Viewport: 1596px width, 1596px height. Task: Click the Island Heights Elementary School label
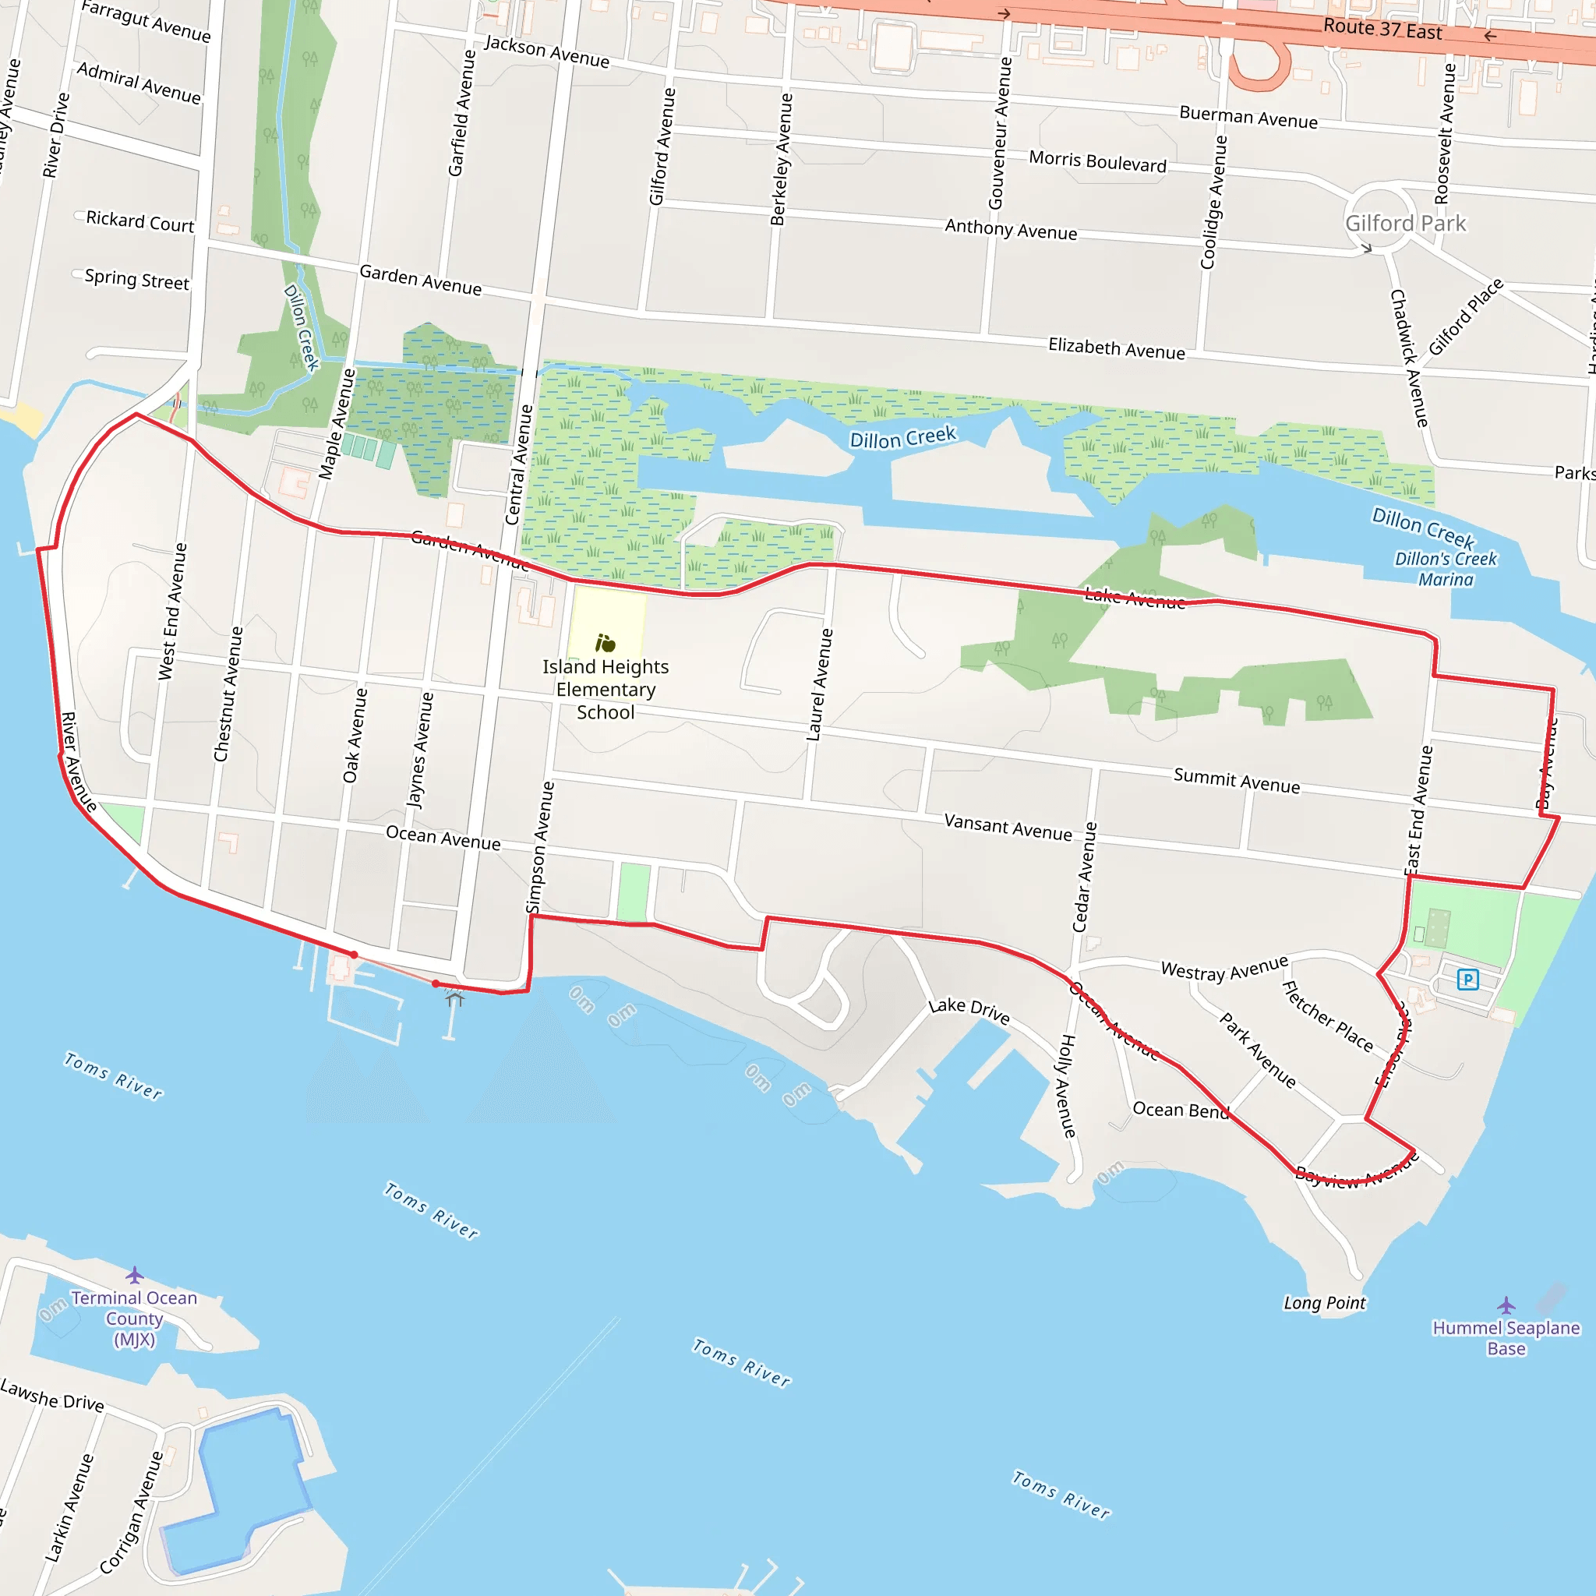(x=606, y=690)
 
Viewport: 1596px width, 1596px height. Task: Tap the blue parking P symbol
(x=1467, y=980)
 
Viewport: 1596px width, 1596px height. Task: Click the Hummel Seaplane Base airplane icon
(x=1506, y=1306)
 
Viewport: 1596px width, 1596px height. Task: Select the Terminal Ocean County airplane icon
(x=135, y=1275)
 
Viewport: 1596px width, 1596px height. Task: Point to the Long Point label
(x=1324, y=1303)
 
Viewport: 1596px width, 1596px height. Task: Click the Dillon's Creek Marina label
(x=1446, y=569)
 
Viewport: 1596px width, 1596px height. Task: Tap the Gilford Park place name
(x=1405, y=223)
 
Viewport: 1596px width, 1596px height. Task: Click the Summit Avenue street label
(x=1237, y=780)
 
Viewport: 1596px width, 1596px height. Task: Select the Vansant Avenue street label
(x=1008, y=827)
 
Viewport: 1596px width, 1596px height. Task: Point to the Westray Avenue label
(x=1224, y=968)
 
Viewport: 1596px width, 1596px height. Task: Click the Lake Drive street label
(x=969, y=1009)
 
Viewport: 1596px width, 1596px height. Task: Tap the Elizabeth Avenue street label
(x=1116, y=348)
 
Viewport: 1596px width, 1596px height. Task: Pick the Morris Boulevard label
(x=1097, y=161)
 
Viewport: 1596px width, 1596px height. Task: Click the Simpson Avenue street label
(x=540, y=848)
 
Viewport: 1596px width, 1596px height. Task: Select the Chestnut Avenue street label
(x=228, y=694)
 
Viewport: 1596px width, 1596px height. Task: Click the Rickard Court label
(x=139, y=221)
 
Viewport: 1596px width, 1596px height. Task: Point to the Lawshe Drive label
(x=52, y=1395)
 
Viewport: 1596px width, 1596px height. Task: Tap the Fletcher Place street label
(x=1326, y=1016)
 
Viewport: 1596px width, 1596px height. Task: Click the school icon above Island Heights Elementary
(x=606, y=643)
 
